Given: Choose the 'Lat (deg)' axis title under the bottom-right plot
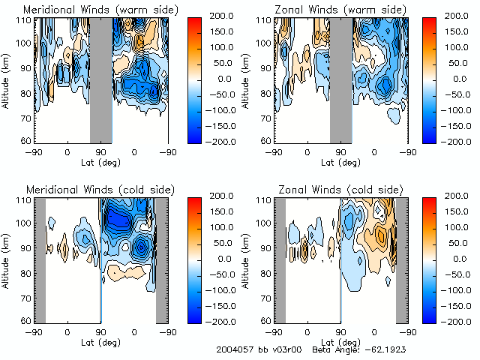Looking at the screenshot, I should pyautogui.click(x=340, y=342).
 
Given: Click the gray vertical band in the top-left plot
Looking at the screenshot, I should pyautogui.click(x=101, y=78).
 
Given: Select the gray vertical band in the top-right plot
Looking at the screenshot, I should pyautogui.click(x=341, y=78).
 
